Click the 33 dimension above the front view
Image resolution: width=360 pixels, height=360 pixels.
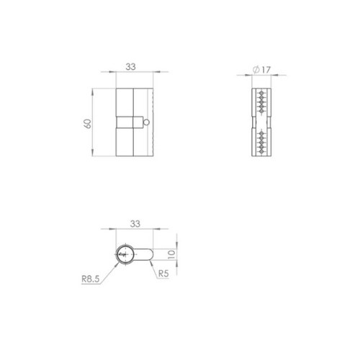point(130,66)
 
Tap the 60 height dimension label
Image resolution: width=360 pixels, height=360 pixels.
point(88,123)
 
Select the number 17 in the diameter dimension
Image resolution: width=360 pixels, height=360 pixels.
point(266,70)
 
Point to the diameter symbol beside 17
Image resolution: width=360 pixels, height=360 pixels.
point(256,70)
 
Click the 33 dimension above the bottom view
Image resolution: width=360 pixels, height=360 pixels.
point(135,224)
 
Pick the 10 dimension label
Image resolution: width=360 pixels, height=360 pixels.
point(172,254)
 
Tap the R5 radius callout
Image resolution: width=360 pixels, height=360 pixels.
point(163,274)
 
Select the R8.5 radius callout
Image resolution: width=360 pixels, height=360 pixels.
point(91,279)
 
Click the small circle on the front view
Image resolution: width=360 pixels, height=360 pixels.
point(146,122)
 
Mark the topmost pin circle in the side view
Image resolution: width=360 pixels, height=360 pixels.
point(261,93)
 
